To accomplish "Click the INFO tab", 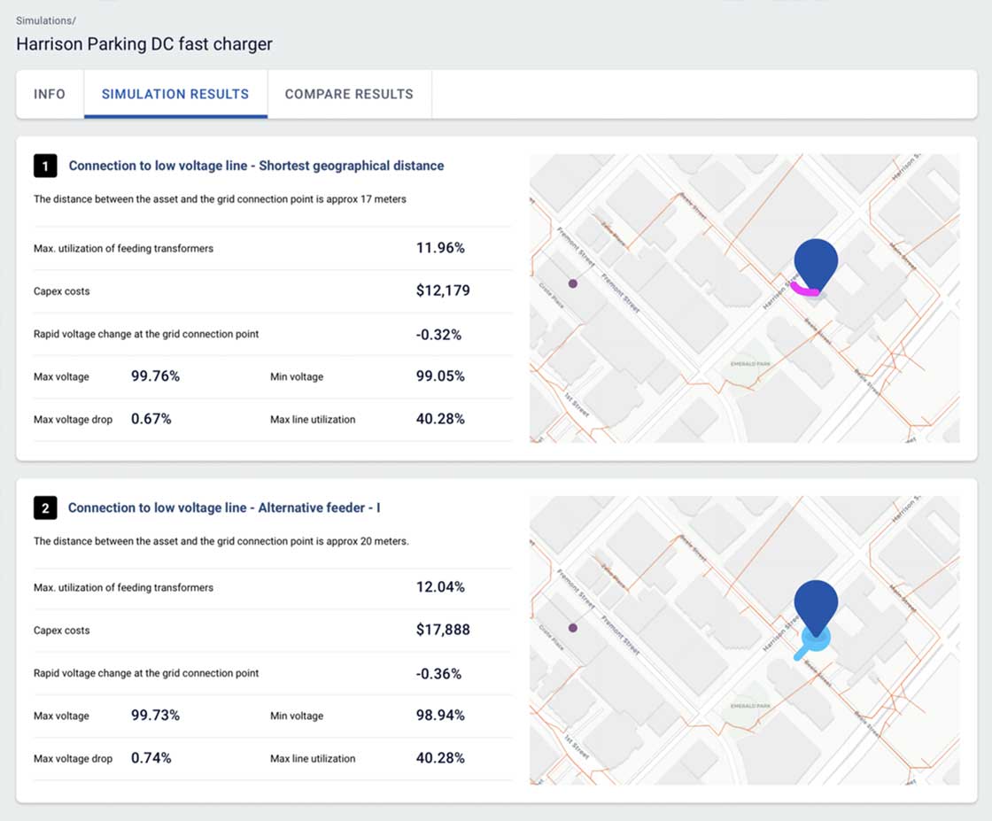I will (50, 94).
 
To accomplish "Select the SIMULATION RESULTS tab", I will (175, 94).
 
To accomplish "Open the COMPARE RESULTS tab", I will (349, 94).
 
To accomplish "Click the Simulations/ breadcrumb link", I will (46, 20).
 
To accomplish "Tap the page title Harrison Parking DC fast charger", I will (144, 44).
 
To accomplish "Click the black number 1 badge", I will (45, 166).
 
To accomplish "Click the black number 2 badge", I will (45, 507).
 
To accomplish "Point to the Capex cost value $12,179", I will (443, 290).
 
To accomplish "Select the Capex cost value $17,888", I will (443, 630).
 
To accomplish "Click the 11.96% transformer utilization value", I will (440, 248).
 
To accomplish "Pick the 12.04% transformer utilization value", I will (440, 587).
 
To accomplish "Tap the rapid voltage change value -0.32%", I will (438, 334).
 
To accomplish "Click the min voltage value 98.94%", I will (440, 716).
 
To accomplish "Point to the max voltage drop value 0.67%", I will (151, 419).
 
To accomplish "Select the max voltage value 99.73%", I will (155, 716).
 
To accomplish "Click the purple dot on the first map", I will (573, 283).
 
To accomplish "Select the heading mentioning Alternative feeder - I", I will (224, 507).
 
